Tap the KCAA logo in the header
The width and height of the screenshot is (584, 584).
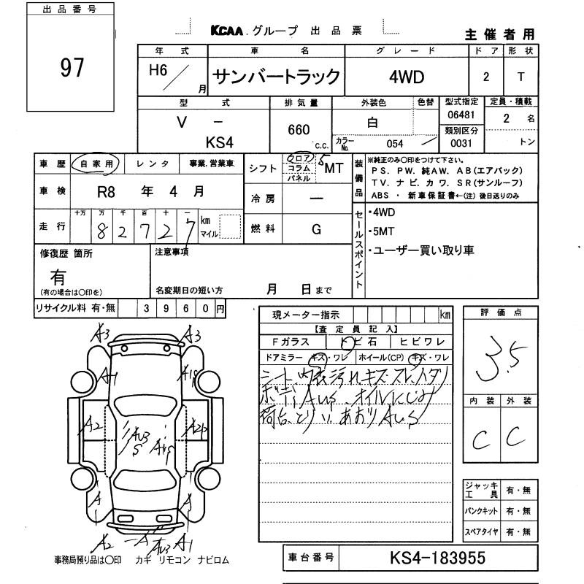click(228, 31)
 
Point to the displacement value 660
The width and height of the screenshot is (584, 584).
click(299, 130)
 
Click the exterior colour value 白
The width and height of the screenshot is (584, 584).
click(372, 123)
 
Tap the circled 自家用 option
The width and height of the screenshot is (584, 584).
click(96, 164)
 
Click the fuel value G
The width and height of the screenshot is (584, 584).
click(316, 229)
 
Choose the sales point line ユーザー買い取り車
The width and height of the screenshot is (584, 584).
click(424, 250)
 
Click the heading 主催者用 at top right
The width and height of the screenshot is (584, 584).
click(499, 35)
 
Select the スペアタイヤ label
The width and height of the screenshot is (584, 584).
click(482, 531)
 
